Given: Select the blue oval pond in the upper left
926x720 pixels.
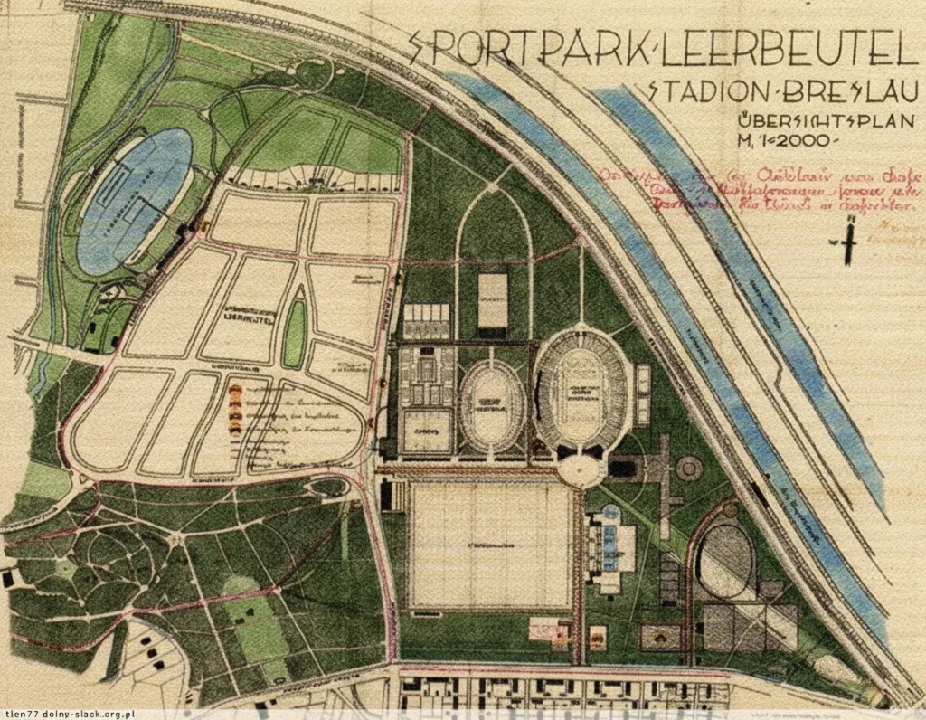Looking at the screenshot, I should coord(135,200).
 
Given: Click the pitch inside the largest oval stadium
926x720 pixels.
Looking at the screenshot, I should coord(581,390).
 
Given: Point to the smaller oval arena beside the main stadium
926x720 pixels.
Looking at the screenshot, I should coord(493,406).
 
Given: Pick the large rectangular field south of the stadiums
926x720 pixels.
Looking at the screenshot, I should coord(489,545).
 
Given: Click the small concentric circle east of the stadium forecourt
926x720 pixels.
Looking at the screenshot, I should coord(689,468).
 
